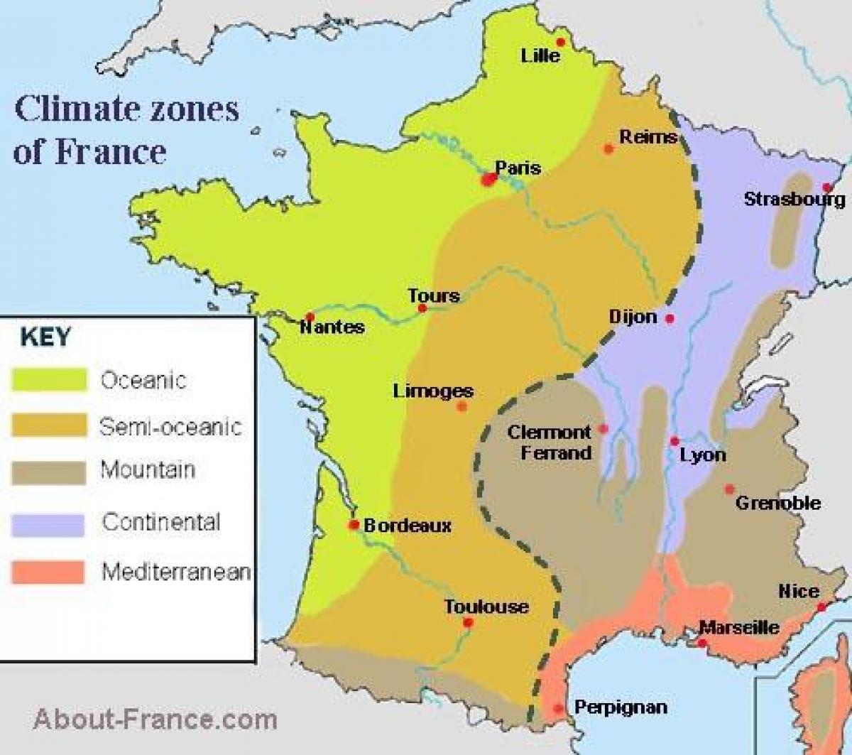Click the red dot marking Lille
[560, 42]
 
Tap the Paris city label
[518, 168]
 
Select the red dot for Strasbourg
[827, 187]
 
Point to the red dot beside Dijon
[670, 319]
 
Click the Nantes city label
[332, 327]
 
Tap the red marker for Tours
[422, 308]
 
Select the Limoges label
[433, 391]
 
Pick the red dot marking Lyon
[674, 441]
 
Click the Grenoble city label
[778, 503]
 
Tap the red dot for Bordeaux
[353, 525]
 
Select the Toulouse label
[486, 607]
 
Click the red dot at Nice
[821, 607]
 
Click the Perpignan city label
[621, 707]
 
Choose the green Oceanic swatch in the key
[49, 380]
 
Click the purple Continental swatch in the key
[48, 524]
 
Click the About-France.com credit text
[155, 719]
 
